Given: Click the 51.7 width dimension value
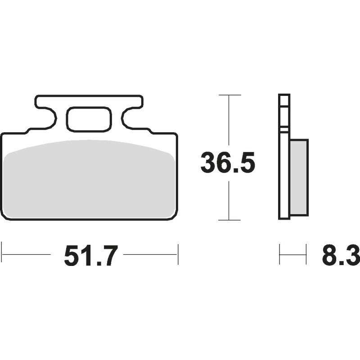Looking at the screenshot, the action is point(91,255).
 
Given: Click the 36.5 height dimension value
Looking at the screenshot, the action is point(228,162).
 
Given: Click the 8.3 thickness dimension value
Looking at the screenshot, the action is point(341,255).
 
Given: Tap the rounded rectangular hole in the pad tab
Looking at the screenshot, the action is point(89,119).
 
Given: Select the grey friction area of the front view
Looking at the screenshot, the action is point(89,179).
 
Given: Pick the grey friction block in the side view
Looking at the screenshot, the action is point(299,177).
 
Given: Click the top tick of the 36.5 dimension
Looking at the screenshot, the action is point(230,95).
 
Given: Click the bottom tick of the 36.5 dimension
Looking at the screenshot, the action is point(229,220).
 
